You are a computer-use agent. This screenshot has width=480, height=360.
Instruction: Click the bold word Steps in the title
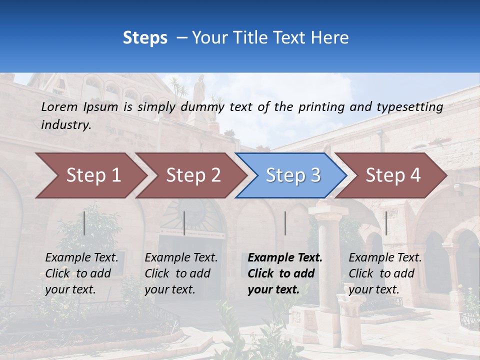pos(145,37)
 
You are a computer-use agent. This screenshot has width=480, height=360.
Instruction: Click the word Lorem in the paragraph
pos(59,106)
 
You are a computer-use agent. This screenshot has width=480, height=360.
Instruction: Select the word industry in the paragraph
pos(66,124)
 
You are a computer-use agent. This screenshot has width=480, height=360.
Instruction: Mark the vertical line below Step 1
pos(84,223)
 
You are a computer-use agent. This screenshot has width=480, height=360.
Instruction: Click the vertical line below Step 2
pos(184,223)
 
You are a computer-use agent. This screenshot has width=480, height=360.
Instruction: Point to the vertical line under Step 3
pos(285,223)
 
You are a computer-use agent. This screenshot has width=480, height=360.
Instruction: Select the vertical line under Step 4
pos(386,223)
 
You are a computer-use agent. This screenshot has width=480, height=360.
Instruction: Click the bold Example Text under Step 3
pos(285,257)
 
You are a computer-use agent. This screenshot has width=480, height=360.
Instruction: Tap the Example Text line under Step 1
pos(81,257)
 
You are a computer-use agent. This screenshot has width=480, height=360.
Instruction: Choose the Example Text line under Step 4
pos(385,257)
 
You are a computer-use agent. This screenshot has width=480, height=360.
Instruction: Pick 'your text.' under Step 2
pos(169,289)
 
